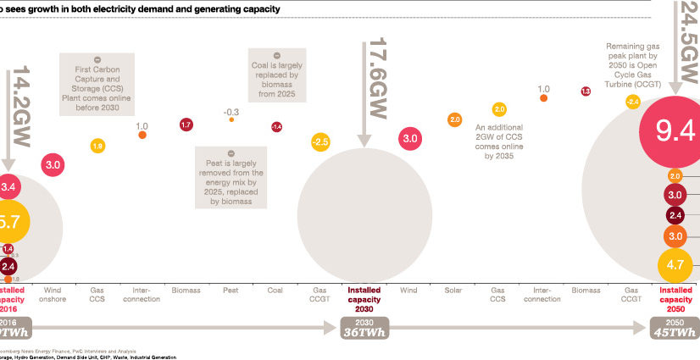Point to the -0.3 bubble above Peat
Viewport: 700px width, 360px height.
(x=231, y=119)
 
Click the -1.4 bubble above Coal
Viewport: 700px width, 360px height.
(x=276, y=126)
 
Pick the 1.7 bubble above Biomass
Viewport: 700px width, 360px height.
(x=186, y=125)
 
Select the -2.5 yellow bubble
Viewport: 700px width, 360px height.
(x=320, y=141)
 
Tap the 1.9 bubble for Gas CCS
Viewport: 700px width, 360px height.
(x=97, y=147)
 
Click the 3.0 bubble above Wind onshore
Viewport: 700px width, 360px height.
(x=53, y=164)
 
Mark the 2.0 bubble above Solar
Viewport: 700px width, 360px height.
(x=454, y=120)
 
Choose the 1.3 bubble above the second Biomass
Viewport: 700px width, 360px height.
(x=585, y=91)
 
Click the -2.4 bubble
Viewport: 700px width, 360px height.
(x=632, y=102)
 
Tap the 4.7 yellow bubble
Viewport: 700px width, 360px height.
(x=675, y=265)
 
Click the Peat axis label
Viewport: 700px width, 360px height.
(x=231, y=291)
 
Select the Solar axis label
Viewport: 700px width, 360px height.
(x=453, y=291)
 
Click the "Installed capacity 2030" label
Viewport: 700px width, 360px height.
(x=365, y=298)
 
